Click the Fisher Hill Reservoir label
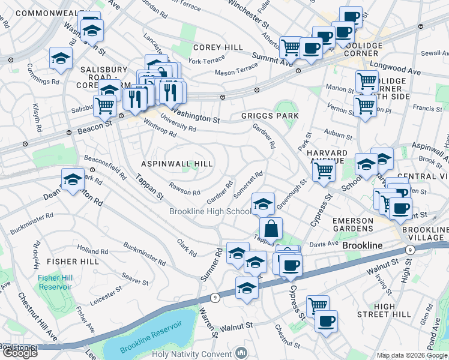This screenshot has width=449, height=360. [x=55, y=282]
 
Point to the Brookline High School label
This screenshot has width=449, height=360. [x=210, y=211]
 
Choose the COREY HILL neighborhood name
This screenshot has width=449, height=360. [x=218, y=47]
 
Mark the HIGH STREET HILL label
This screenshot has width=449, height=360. [x=385, y=310]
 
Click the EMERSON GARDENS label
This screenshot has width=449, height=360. [x=358, y=226]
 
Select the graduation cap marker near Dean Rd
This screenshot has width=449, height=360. [x=73, y=179]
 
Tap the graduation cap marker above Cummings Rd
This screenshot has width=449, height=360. [x=61, y=58]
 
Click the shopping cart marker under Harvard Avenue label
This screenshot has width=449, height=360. [x=324, y=170]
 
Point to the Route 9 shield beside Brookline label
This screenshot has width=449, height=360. [x=409, y=250]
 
